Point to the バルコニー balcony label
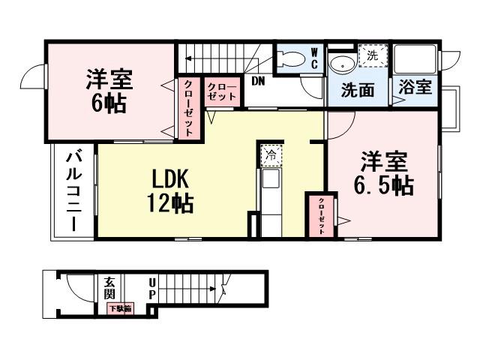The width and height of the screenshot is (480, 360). coord(73,190)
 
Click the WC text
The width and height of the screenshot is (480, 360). coord(314,59)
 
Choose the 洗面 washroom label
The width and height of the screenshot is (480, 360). coord(358,91)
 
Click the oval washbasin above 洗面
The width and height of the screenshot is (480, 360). coord(342,63)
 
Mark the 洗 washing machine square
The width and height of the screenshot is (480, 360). coord(372,55)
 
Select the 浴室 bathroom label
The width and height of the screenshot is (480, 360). coord(415,87)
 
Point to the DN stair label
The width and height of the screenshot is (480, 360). coord(258,81)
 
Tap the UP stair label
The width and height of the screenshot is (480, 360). coord(152,288)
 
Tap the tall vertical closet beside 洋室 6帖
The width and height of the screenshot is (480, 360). coord(188,107)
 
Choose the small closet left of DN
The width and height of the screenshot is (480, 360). coord(221,92)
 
